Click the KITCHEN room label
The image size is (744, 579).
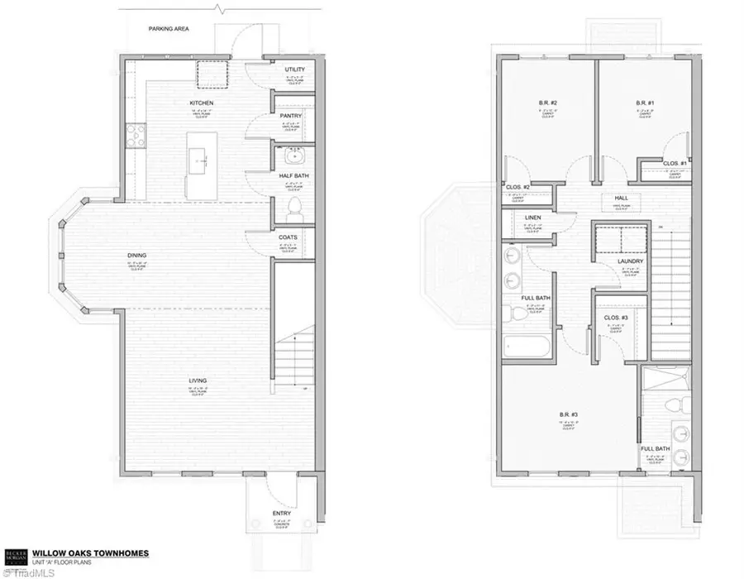201,103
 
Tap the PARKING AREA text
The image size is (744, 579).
169,29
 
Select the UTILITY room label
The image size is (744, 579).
293,69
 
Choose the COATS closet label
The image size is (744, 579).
289,237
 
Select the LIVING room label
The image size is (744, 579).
197,380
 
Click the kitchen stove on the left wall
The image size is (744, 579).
135,135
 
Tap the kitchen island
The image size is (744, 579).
199,162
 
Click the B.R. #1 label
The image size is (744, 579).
645,103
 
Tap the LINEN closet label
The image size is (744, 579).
533,218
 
